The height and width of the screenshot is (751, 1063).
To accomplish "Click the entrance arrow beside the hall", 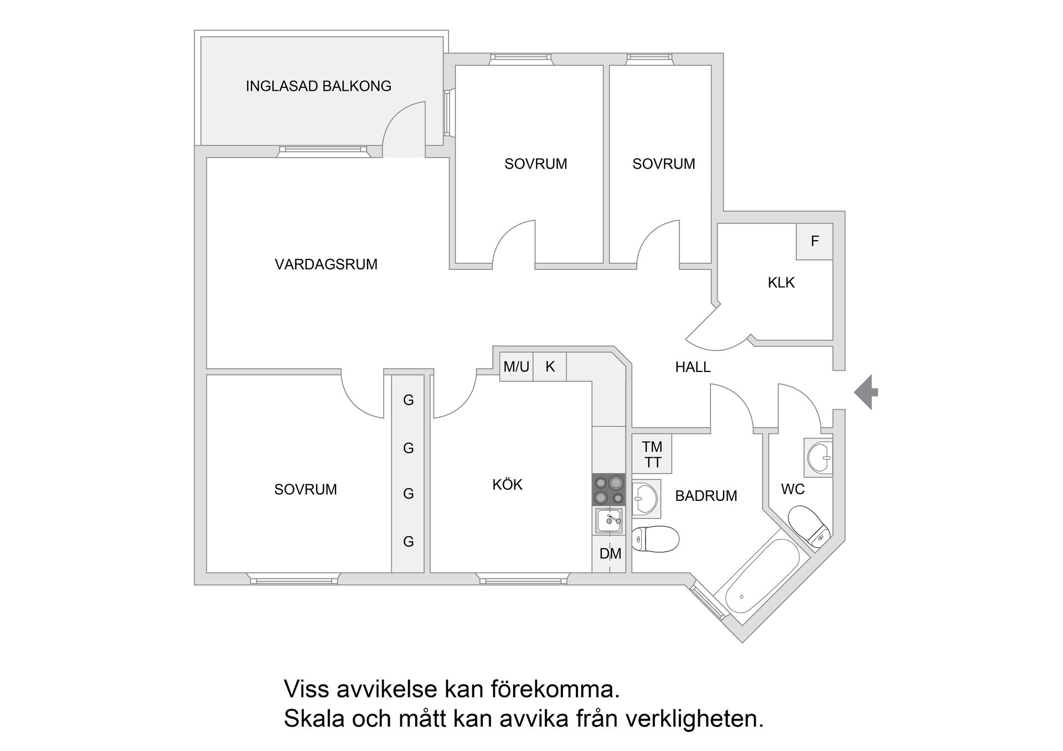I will tap(866, 392).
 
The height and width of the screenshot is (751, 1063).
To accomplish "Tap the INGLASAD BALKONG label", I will tap(318, 86).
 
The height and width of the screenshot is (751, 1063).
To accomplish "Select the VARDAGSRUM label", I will tap(326, 265).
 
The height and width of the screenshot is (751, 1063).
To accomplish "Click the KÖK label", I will tap(507, 485).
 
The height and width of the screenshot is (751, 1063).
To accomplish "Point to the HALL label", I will tap(693, 367).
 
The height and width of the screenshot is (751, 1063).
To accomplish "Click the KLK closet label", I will tap(781, 283).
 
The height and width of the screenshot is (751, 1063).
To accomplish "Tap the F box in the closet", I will tap(814, 241).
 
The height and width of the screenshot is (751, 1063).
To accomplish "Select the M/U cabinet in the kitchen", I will tap(516, 366).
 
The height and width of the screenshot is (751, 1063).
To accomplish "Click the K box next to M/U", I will tap(550, 366).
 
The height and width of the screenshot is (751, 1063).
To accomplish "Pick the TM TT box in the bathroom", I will tap(652, 454).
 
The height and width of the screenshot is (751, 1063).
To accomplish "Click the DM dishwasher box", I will tap(610, 553).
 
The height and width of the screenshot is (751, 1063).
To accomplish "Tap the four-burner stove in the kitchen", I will tap(608, 490).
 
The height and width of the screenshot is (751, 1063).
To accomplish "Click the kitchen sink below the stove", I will tap(608, 520).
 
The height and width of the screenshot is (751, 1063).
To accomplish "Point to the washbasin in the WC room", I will tap(819, 458).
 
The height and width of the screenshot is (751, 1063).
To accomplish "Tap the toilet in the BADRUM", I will tap(656, 538).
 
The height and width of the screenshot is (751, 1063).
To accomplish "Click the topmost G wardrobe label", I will tap(408, 400).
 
